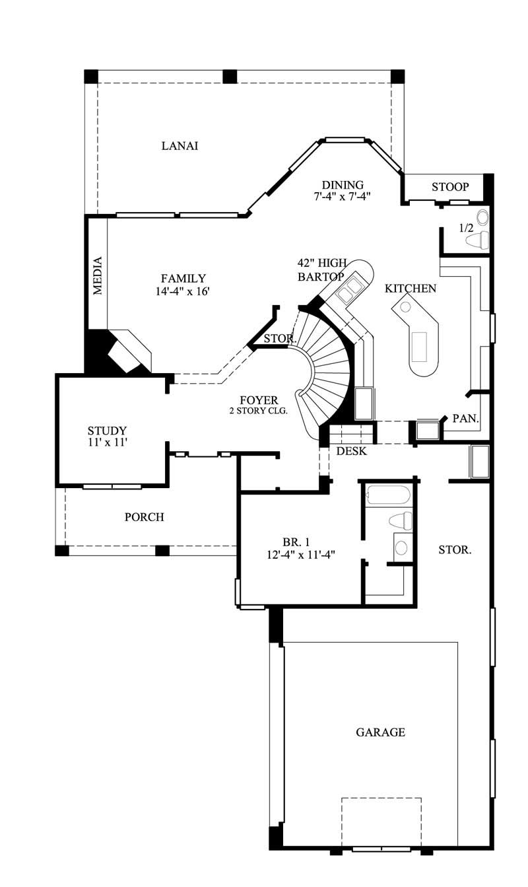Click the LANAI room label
[180, 146]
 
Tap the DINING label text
[343, 185]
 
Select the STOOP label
[450, 187]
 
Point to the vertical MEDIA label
[98, 275]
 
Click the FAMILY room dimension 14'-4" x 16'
[183, 292]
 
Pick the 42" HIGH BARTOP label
[321, 271]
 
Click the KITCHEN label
[410, 289]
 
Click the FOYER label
[259, 400]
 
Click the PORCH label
[144, 517]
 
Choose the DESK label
[351, 452]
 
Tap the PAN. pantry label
[465, 419]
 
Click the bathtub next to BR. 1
[388, 495]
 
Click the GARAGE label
[380, 732]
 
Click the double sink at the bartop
[348, 287]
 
